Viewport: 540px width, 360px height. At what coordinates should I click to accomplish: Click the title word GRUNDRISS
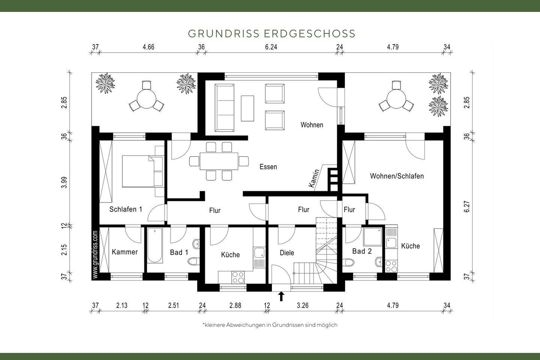(x=223, y=34)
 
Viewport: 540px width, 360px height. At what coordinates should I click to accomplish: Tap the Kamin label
(x=314, y=178)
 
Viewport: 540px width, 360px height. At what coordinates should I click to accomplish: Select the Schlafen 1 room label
(x=126, y=209)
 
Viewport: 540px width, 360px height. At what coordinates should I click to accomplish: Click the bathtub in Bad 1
(x=154, y=246)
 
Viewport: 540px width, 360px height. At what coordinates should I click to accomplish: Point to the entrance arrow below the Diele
(x=281, y=296)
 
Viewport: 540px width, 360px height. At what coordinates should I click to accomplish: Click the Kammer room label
(x=125, y=252)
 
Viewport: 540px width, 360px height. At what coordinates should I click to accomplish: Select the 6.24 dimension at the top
(x=271, y=47)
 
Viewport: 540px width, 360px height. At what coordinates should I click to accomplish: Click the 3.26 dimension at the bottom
(x=302, y=306)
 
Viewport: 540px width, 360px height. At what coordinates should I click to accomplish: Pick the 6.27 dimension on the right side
(x=467, y=206)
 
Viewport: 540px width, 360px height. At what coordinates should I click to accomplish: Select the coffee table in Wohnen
(x=247, y=108)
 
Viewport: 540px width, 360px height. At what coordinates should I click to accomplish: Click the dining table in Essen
(x=219, y=161)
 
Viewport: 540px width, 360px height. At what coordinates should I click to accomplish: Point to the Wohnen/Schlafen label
(x=397, y=176)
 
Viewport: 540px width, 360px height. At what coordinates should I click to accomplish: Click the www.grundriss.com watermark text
(x=95, y=254)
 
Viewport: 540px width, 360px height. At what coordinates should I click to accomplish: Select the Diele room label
(x=287, y=253)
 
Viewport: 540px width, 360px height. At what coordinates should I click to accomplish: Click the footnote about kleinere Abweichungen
(x=270, y=325)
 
